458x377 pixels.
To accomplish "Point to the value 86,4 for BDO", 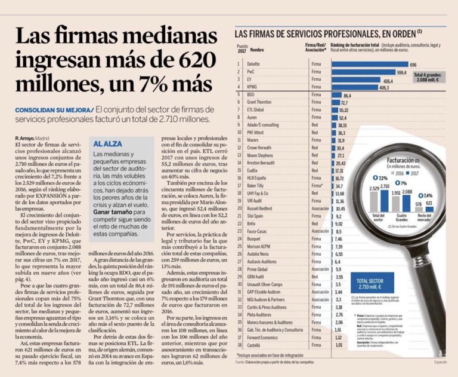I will click(348, 95).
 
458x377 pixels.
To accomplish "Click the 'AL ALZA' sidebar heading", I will click(107, 144).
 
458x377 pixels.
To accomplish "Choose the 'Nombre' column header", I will click(257, 50).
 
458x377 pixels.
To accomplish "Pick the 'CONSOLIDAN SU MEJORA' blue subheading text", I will click(54, 110).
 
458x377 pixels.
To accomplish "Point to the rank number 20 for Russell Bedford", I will click(239, 208).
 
